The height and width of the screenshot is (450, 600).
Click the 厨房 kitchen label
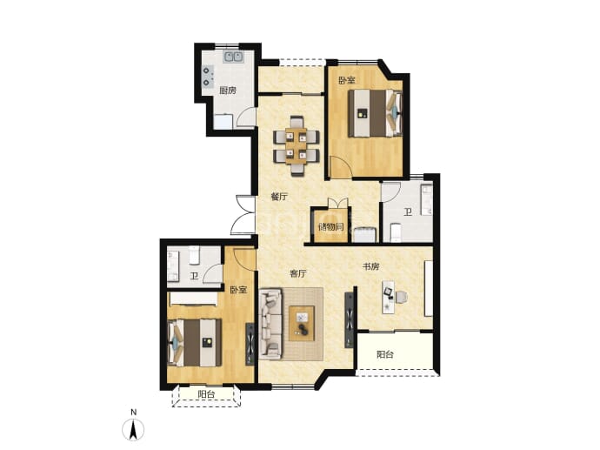[x=227, y=91]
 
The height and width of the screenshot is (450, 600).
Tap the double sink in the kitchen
[x=234, y=57]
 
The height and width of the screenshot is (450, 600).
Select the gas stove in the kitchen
[x=208, y=77]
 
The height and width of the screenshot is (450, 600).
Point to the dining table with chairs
[x=297, y=146]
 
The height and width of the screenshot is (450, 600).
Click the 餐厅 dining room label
[x=279, y=197]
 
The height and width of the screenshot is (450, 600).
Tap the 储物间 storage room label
[x=331, y=226]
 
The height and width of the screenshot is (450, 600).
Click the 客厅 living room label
[x=297, y=274]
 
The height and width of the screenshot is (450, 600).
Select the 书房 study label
[x=370, y=266]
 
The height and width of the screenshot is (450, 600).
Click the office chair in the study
[x=402, y=297]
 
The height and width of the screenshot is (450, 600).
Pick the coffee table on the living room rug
[x=302, y=323]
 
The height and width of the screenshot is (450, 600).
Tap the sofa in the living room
[x=270, y=324]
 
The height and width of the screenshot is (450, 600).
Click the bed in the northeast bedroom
[x=376, y=113]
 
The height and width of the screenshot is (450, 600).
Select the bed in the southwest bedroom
[x=195, y=342]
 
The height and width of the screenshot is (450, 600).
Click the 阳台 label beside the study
[x=385, y=354]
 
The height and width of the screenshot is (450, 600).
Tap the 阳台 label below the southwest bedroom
[x=206, y=394]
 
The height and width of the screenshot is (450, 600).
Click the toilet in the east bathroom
[x=396, y=233]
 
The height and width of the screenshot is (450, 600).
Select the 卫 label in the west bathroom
[x=195, y=276]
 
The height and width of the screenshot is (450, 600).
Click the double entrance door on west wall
[x=243, y=215]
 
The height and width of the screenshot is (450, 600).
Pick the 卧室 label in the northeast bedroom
[x=347, y=80]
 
